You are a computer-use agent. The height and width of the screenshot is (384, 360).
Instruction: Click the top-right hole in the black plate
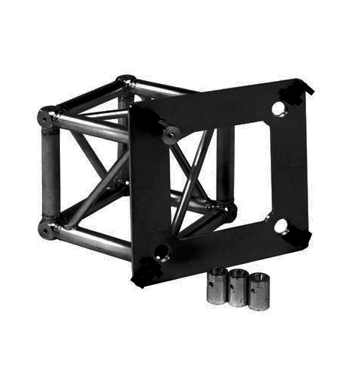point(278,109)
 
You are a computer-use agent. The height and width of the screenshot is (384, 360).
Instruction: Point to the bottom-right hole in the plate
point(280,224)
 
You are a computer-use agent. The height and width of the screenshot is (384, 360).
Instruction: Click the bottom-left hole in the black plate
point(160,251)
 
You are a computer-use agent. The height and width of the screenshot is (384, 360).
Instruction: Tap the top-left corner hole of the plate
point(169,133)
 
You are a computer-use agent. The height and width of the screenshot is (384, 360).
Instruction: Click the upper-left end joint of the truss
point(49,117)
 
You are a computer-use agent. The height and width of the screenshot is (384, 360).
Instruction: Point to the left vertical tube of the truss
point(49,172)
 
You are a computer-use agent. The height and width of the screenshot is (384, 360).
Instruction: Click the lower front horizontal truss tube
point(94,239)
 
